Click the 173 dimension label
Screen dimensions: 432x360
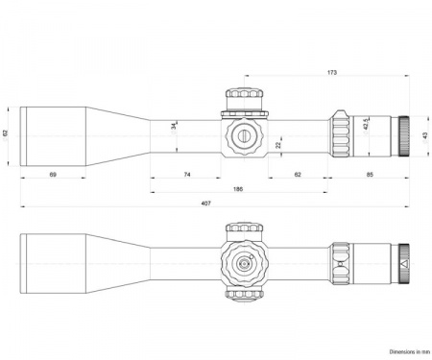pos(332,72)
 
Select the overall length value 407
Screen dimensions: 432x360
pos(206,204)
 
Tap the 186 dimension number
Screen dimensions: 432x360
pos(238,189)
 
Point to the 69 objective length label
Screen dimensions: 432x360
pos(53,175)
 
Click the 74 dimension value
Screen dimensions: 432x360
pos(187,175)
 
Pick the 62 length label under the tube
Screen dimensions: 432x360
pos(298,175)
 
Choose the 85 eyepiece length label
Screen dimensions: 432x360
pos(370,175)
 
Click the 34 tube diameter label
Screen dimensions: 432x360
pos(174,126)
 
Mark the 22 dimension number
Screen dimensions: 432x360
pos(278,145)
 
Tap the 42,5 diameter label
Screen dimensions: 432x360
pos(366,124)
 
